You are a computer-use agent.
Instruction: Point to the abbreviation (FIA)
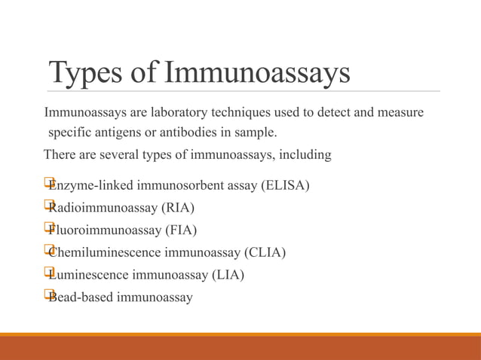(182, 230)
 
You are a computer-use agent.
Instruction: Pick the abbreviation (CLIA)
(262, 252)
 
